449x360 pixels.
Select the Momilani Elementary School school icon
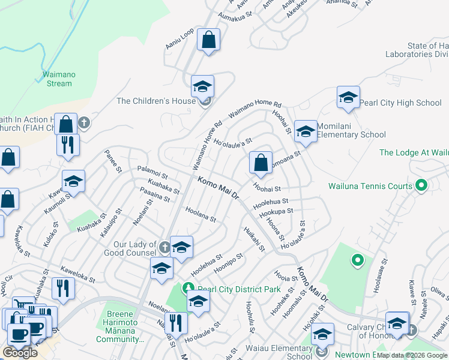306,133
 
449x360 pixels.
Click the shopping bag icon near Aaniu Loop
208,40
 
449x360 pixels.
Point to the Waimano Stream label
59,79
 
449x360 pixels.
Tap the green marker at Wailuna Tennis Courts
421,186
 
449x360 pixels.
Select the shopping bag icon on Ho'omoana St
261,162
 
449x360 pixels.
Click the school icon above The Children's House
203,87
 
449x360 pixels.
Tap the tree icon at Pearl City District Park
189,289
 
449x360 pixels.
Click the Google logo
20,353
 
